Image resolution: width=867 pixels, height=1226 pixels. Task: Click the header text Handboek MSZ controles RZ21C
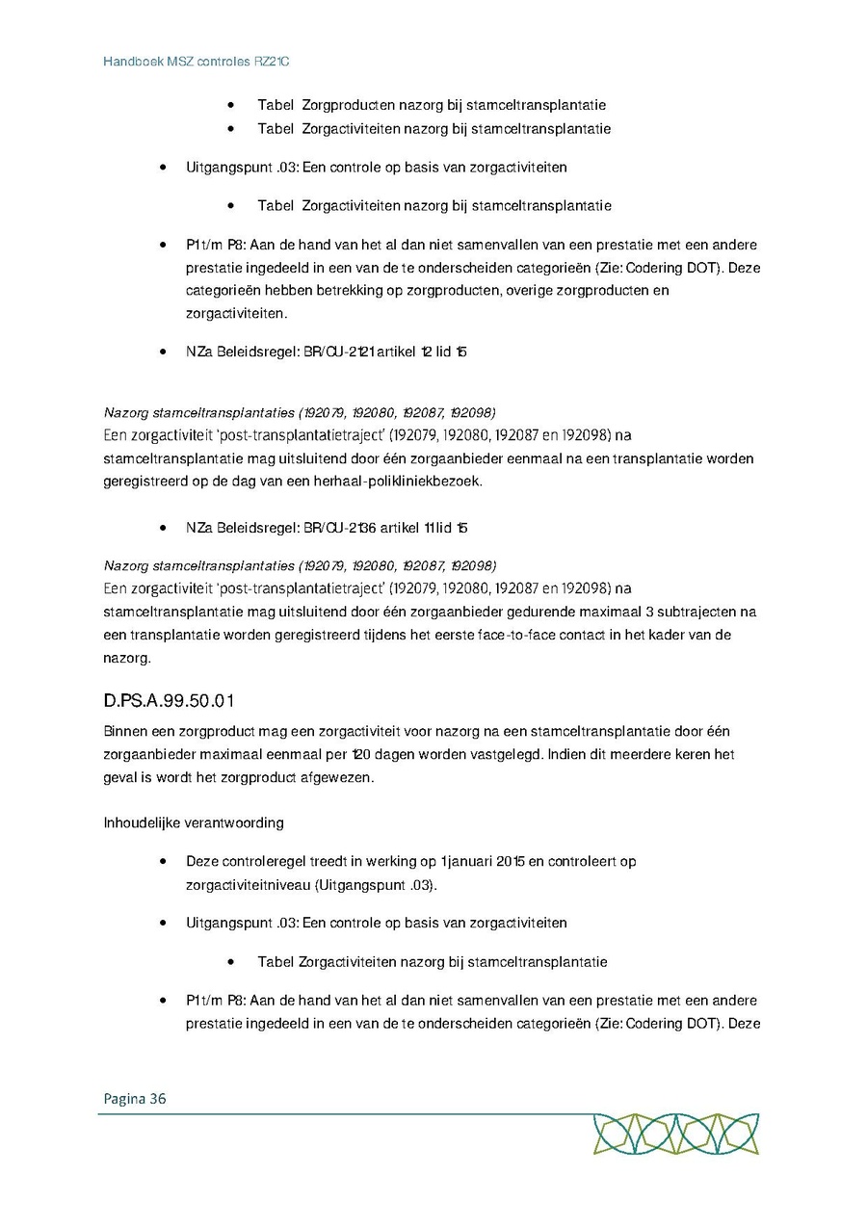197,61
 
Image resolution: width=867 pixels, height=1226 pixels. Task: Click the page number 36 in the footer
158,1099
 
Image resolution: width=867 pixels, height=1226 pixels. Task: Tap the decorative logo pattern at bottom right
676,1135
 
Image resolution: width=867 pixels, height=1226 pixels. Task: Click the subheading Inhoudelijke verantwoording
194,822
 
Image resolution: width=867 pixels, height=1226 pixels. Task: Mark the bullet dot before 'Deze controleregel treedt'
165,861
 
